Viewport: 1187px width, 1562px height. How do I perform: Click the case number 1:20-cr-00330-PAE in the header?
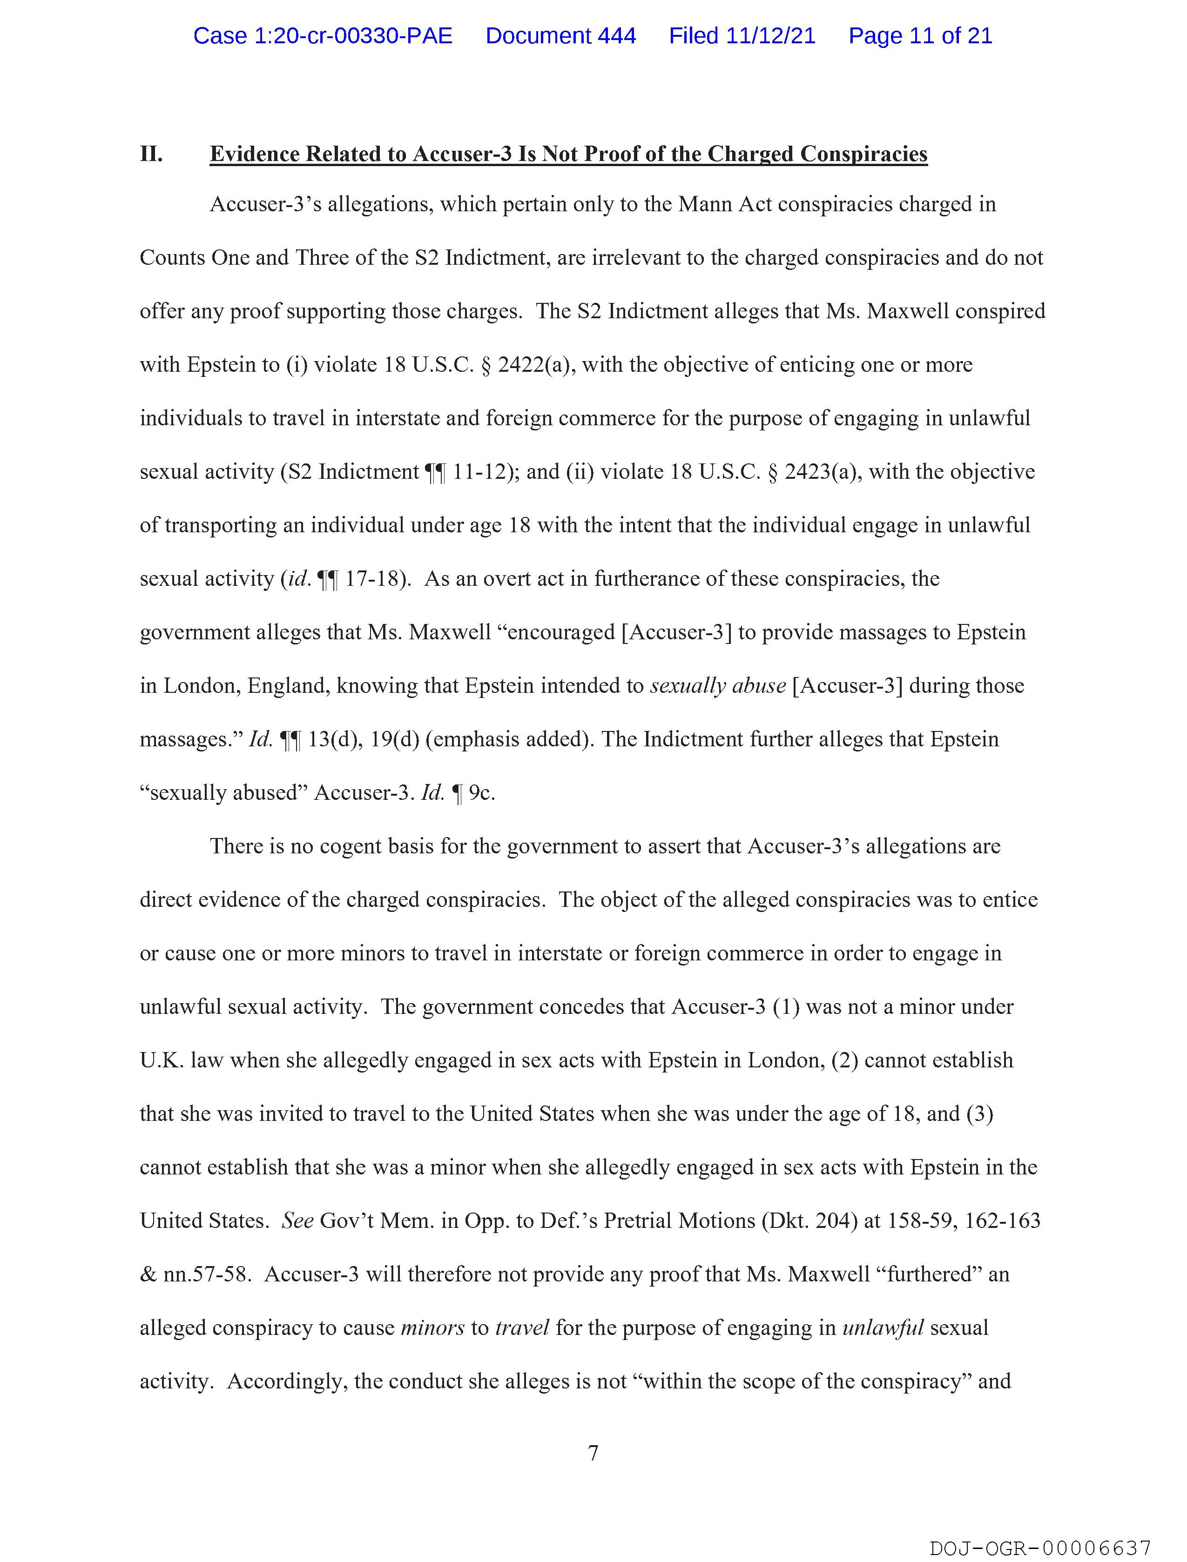tap(323, 36)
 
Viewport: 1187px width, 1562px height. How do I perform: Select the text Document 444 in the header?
tap(560, 36)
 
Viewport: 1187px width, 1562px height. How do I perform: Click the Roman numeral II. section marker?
tap(151, 154)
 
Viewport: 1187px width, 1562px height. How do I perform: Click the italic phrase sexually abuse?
tap(717, 686)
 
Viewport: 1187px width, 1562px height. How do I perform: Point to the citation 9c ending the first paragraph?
tap(481, 793)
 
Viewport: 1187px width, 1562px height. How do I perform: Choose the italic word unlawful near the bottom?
tap(883, 1328)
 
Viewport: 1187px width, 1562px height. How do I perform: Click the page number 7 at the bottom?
tap(593, 1453)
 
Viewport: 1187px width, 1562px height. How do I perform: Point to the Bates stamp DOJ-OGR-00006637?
tap(1040, 1549)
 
